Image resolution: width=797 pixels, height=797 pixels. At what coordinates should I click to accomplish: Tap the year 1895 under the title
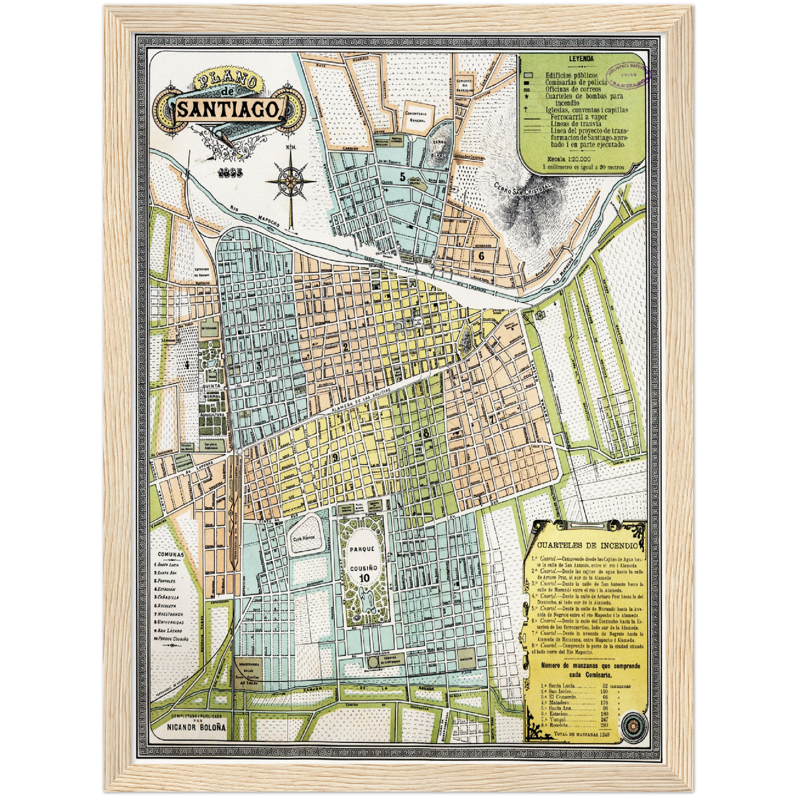click(229, 172)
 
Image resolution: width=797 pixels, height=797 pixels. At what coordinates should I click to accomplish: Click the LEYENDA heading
click(581, 58)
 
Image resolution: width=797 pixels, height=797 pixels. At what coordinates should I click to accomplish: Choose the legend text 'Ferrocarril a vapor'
click(579, 117)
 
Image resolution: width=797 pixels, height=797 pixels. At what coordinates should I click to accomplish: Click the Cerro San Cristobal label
click(521, 188)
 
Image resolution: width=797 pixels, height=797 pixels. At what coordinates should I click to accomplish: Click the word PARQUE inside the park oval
click(362, 549)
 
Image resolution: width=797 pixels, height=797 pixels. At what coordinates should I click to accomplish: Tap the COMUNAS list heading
click(171, 554)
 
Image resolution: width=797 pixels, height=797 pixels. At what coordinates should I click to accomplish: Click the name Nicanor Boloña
click(196, 728)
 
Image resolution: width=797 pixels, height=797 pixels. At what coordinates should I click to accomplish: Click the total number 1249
click(605, 734)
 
